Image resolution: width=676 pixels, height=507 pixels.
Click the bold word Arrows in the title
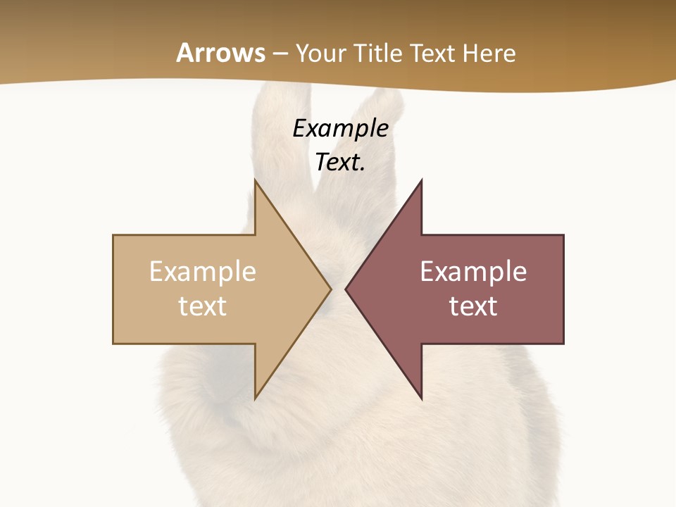[x=220, y=53]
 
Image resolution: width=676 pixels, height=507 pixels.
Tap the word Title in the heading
[x=379, y=54]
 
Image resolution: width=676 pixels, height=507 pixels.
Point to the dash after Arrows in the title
[x=280, y=54]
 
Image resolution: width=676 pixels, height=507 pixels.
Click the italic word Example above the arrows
[x=340, y=128]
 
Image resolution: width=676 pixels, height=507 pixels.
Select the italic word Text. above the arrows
[x=340, y=162]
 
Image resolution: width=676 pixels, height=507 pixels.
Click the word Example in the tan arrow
[x=203, y=271]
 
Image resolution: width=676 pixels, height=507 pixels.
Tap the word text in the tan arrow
[x=203, y=306]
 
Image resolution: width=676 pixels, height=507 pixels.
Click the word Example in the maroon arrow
[x=473, y=271]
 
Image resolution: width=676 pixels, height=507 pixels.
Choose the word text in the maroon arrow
[x=473, y=306]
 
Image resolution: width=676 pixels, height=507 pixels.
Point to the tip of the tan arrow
[x=330, y=289]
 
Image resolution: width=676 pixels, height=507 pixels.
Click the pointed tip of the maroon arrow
[x=346, y=289]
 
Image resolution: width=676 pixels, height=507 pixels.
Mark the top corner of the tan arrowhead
[x=256, y=180]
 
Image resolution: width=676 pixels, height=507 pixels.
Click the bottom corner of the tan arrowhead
[x=256, y=399]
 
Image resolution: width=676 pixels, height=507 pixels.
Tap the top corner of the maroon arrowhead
[x=421, y=180]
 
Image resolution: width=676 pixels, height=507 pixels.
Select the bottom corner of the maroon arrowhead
[x=421, y=399]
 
